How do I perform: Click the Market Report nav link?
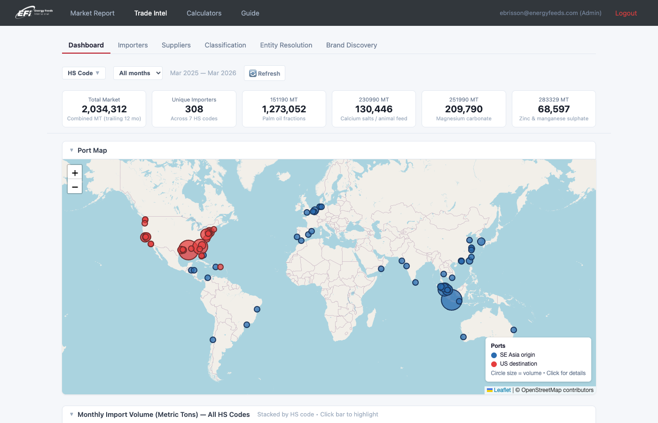(x=92, y=13)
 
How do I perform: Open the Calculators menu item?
(x=204, y=13)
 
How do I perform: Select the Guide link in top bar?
(x=250, y=13)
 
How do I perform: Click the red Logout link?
(x=626, y=13)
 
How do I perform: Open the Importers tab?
(x=133, y=45)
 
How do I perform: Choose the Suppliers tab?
(x=176, y=45)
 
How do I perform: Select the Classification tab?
(x=225, y=45)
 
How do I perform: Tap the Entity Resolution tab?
(x=286, y=45)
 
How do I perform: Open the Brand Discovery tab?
(x=352, y=45)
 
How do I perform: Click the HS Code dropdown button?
(x=84, y=73)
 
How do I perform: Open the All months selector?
(x=138, y=73)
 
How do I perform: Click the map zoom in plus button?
(x=75, y=172)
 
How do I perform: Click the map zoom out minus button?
(x=75, y=187)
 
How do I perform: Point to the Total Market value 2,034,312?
(x=104, y=109)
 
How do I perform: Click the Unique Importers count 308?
(x=194, y=109)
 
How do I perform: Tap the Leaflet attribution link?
(x=502, y=390)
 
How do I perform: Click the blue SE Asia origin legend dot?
(x=494, y=355)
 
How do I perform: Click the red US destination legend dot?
(x=494, y=364)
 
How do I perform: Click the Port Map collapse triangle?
(x=71, y=150)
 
